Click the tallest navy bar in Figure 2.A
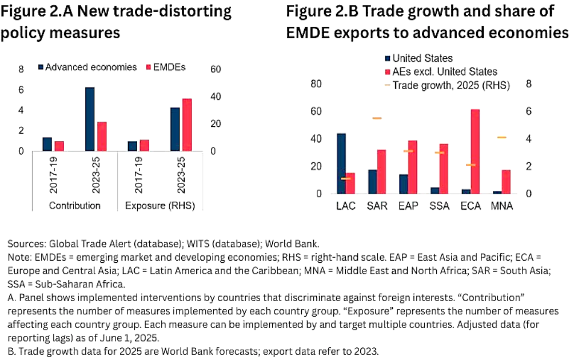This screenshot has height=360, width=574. (x=90, y=119)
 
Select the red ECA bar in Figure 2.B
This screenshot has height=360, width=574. (x=475, y=151)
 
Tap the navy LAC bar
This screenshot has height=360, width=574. (x=341, y=163)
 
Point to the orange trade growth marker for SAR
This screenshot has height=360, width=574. (x=377, y=118)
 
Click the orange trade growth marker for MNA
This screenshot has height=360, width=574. (x=502, y=138)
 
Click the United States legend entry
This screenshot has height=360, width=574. (x=421, y=58)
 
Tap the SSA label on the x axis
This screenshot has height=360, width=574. (x=439, y=205)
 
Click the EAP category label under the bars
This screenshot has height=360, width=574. (x=408, y=205)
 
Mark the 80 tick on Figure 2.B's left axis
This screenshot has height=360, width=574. (x=316, y=83)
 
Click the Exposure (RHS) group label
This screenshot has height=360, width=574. (x=158, y=206)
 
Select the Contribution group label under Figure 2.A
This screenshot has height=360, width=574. (x=75, y=206)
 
